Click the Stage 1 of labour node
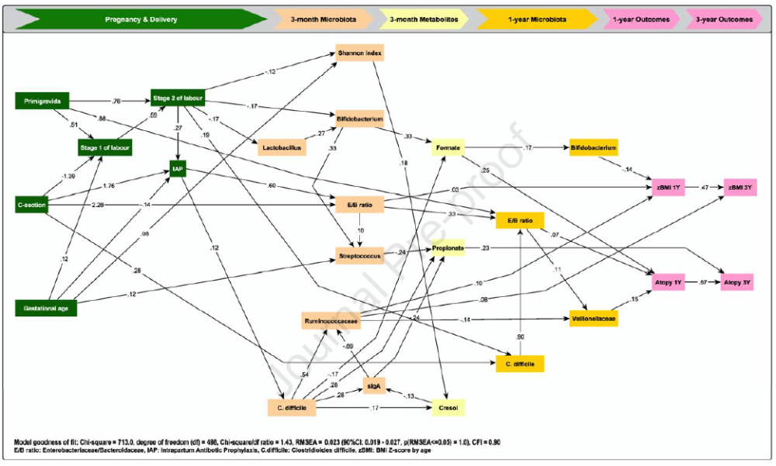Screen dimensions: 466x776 (105, 147)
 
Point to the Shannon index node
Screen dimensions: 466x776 (360, 54)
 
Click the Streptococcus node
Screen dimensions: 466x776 (360, 253)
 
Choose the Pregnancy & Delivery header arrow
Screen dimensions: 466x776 (140, 18)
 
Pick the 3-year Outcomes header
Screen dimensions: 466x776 (722, 18)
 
